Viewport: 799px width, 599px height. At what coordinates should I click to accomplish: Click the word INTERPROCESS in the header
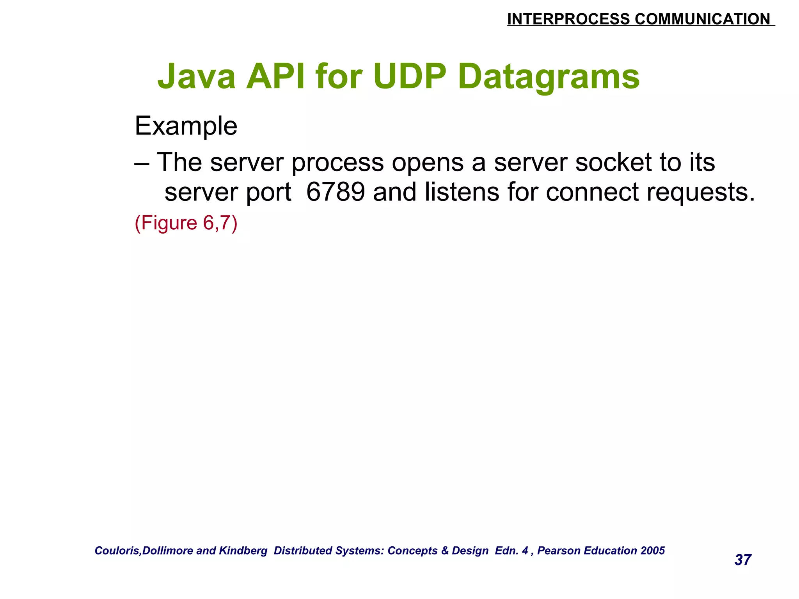(568, 19)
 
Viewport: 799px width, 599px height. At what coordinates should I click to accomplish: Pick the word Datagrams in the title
(549, 77)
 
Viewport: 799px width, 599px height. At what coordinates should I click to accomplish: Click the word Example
(186, 126)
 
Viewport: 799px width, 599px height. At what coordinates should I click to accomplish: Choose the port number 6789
(336, 192)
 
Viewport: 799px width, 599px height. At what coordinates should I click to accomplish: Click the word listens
(462, 192)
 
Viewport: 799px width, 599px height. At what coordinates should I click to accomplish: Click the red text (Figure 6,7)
(186, 223)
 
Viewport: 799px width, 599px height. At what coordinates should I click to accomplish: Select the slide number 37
(743, 560)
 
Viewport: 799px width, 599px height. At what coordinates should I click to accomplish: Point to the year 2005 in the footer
(653, 551)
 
